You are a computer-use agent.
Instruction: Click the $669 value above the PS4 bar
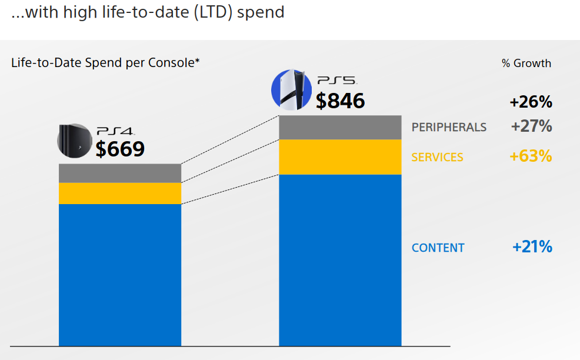pos(120,149)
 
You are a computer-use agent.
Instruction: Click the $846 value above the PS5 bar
pos(340,101)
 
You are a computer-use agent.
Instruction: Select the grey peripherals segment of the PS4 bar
pos(120,173)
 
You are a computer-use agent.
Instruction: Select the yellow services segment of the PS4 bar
pos(120,194)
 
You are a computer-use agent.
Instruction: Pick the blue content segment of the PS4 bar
pos(120,275)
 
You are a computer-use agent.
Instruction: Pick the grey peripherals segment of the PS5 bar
pos(340,127)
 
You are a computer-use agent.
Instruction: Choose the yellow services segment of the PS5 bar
pos(340,157)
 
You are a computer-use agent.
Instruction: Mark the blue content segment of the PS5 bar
pos(340,260)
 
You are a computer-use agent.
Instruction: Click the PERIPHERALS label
pos(449,127)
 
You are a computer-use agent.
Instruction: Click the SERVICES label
pos(437,157)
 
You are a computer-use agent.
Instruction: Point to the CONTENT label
pos(438,248)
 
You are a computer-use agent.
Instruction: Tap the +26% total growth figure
pos(531,102)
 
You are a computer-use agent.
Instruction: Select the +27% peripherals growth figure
pos(531,126)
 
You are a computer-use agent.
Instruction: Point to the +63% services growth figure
pos(531,156)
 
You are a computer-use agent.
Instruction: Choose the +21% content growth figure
pos(532,247)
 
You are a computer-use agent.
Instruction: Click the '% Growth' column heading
pos(526,64)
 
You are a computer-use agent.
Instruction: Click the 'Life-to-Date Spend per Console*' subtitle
pos(105,62)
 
